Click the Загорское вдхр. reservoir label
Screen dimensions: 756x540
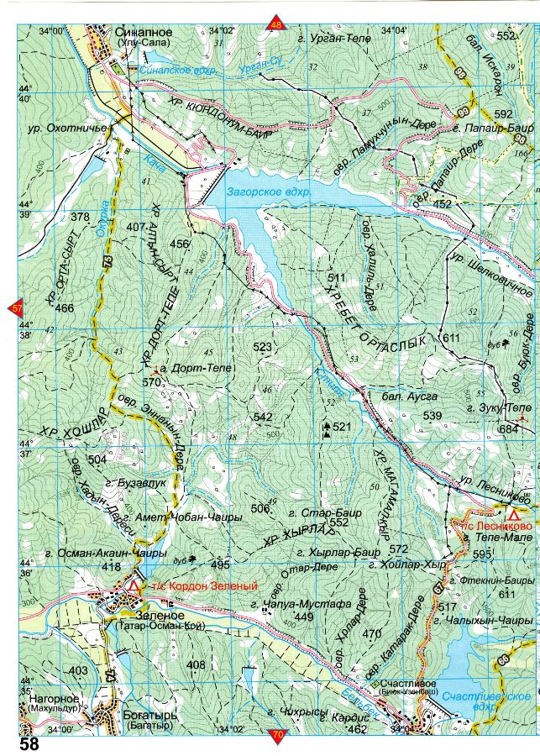269,192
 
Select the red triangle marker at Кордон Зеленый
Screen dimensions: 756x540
134,585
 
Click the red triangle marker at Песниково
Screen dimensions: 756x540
512,513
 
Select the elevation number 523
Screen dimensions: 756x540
263,346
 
